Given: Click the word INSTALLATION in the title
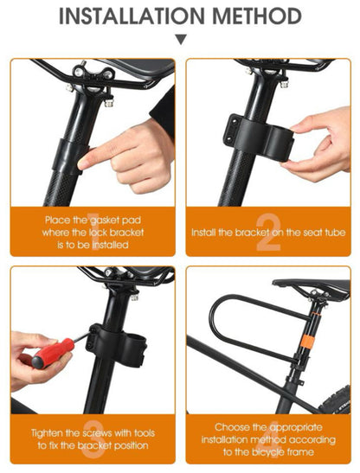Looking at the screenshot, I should (x=126, y=16).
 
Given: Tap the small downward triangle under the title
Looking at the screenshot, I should (x=180, y=40).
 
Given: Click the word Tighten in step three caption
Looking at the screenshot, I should (x=51, y=431).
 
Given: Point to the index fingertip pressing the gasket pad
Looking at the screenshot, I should (x=85, y=161).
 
